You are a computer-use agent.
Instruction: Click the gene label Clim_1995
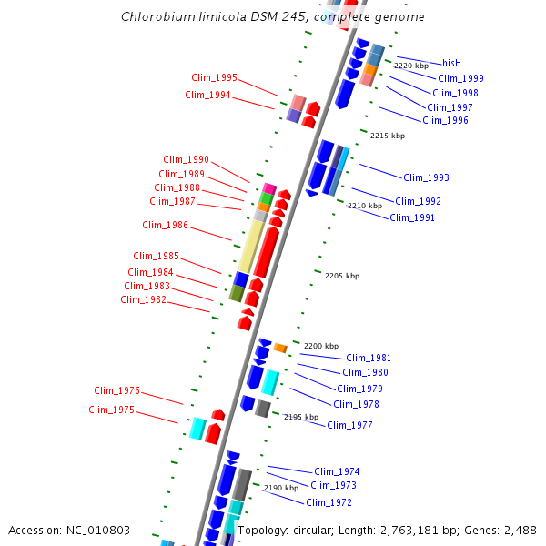pyautogui.click(x=214, y=77)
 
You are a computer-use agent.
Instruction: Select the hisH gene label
pyautogui.click(x=452, y=63)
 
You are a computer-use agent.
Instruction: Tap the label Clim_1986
pyautogui.click(x=166, y=225)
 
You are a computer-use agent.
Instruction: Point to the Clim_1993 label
pyautogui.click(x=426, y=177)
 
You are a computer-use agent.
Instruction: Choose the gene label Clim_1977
pyautogui.click(x=349, y=425)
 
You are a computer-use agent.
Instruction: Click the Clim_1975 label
pyautogui.click(x=112, y=409)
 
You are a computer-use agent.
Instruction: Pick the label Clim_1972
pyautogui.click(x=329, y=502)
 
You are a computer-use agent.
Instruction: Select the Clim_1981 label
pyautogui.click(x=369, y=358)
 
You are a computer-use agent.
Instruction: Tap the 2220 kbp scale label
pyautogui.click(x=410, y=66)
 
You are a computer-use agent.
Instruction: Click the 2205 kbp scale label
pyautogui.click(x=341, y=276)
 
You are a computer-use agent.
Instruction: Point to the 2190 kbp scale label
pyautogui.click(x=281, y=489)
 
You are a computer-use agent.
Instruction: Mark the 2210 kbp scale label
pyautogui.click(x=364, y=207)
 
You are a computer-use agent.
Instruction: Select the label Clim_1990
pyautogui.click(x=187, y=159)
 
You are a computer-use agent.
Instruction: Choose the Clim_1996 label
pyautogui.click(x=445, y=120)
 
